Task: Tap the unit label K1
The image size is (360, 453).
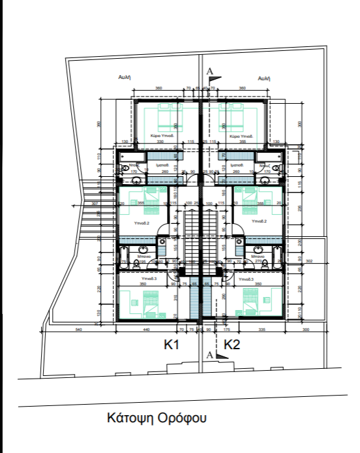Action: point(171,345)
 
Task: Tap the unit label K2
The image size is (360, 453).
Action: point(232,345)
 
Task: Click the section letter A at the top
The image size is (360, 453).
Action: point(209,70)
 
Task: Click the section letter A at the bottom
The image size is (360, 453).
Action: point(209,355)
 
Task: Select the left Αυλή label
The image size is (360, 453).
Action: point(127,76)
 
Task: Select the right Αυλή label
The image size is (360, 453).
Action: point(264,76)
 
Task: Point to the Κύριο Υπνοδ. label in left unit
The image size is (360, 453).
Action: point(161,136)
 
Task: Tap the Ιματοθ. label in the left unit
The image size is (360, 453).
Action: point(164,166)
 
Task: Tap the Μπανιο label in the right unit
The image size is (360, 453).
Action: point(254,258)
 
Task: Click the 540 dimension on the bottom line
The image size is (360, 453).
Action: point(79,330)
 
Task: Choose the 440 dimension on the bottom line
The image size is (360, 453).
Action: point(147,330)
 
